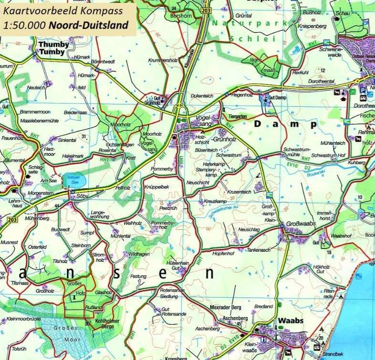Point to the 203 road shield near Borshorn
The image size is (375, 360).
coord(206,10)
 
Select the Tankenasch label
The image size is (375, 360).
coord(259,250)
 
